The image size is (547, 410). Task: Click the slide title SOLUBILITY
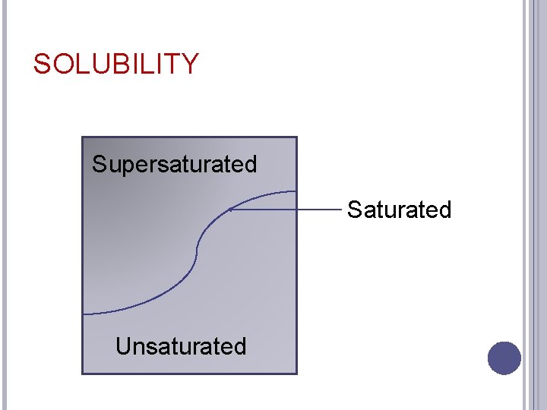click(115, 65)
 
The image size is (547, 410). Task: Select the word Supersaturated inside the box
click(174, 164)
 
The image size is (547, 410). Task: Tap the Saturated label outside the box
click(399, 210)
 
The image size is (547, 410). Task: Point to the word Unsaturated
click(181, 346)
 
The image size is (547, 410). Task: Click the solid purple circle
click(504, 358)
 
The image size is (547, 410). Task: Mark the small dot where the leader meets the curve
click(229, 210)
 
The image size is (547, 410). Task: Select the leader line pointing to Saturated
click(289, 210)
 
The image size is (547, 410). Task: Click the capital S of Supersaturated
click(100, 164)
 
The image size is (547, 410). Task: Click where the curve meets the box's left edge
click(84, 314)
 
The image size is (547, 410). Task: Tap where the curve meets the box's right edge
click(296, 191)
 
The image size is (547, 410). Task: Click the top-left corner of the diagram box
click(83, 137)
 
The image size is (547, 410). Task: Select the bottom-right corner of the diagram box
click(296, 373)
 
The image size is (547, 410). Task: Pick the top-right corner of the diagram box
click(296, 137)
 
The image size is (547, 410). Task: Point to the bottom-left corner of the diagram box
click(83, 373)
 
